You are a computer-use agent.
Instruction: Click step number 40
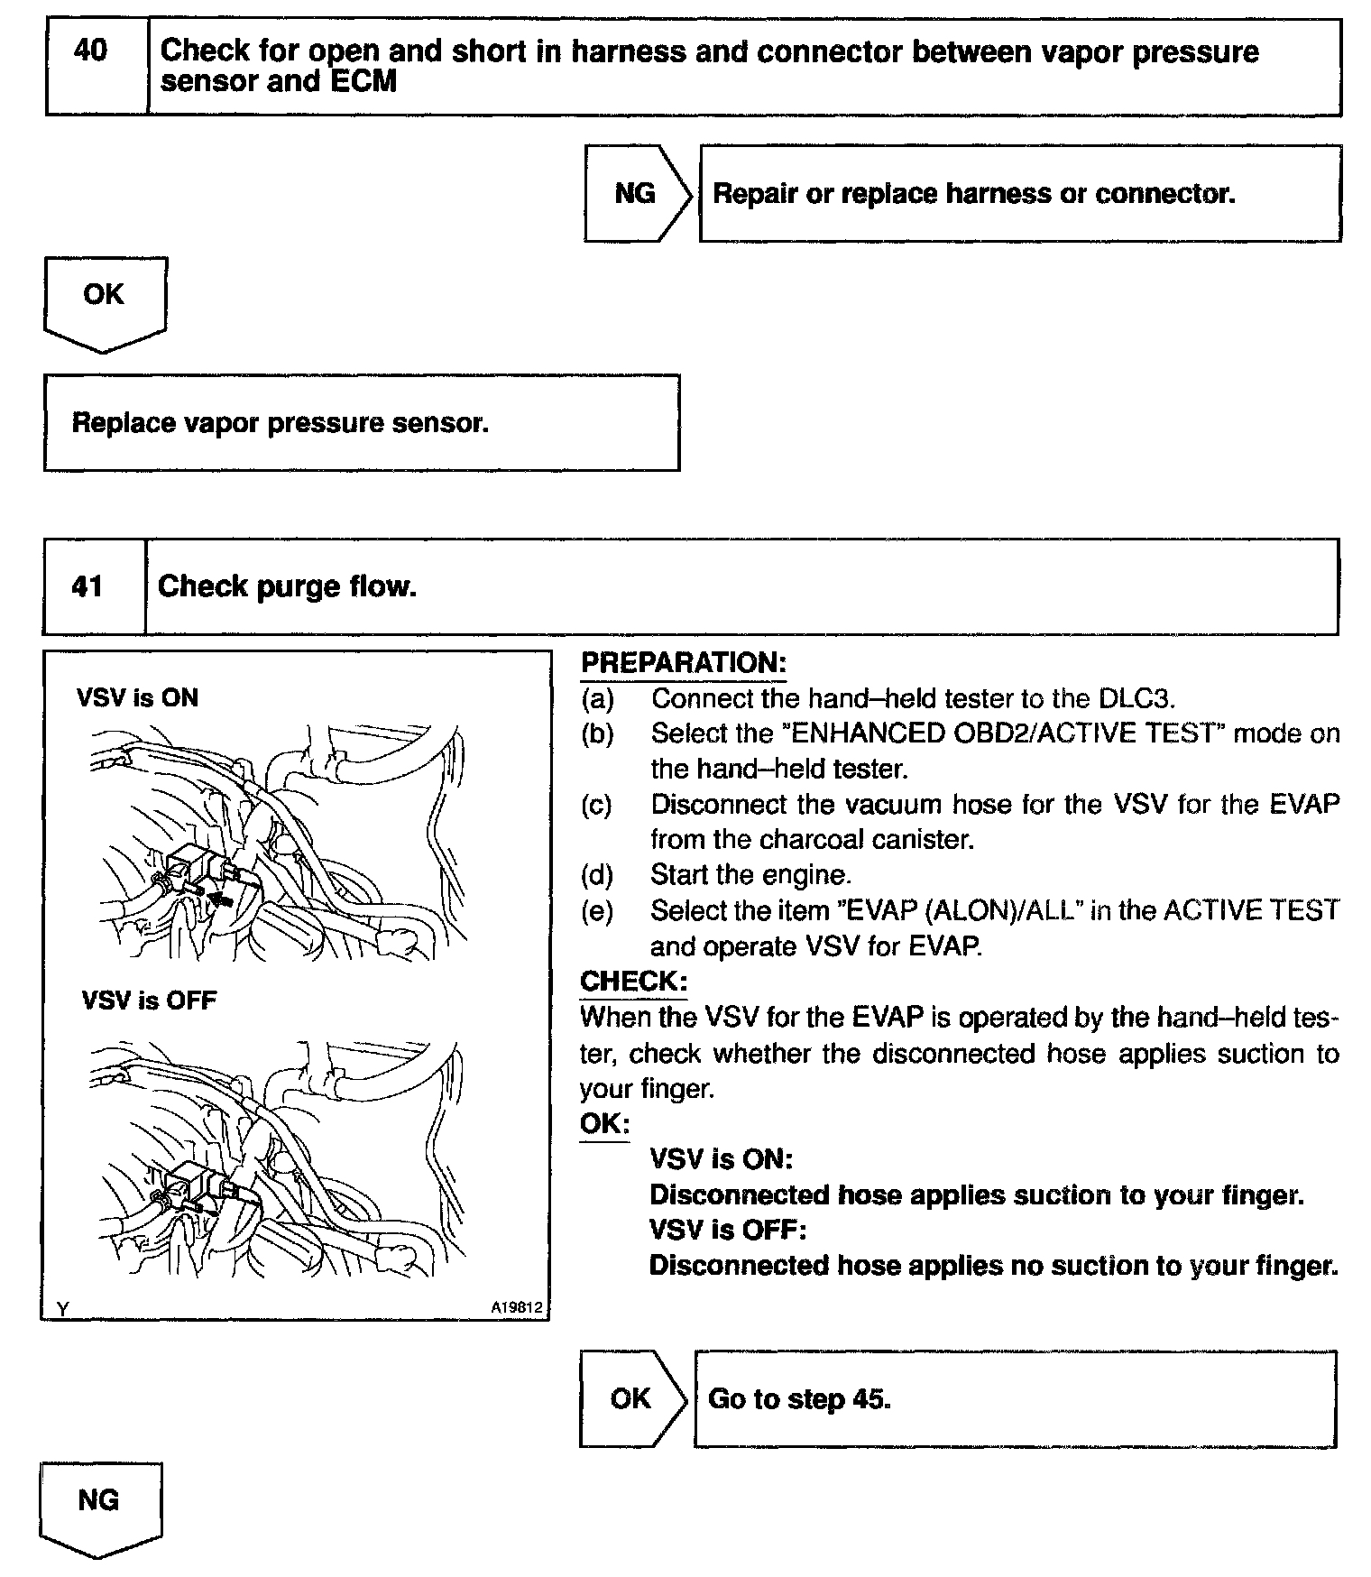(x=90, y=51)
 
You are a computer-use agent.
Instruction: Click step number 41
(x=87, y=587)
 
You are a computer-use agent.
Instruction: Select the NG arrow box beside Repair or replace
(x=636, y=193)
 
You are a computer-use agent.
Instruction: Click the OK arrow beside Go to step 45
(x=630, y=1398)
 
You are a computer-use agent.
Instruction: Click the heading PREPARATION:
(x=684, y=663)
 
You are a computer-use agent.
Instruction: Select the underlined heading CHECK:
(x=633, y=981)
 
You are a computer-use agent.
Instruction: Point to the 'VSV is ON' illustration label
(x=137, y=697)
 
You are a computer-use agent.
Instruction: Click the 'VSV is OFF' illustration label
(x=149, y=1001)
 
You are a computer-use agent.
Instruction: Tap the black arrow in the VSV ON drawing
(x=222, y=898)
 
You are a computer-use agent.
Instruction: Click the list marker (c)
(x=597, y=804)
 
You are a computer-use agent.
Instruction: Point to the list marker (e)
(x=597, y=911)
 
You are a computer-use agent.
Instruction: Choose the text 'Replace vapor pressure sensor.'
(x=281, y=422)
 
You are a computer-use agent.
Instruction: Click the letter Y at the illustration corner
(x=62, y=1308)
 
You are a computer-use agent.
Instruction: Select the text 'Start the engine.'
(x=750, y=875)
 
